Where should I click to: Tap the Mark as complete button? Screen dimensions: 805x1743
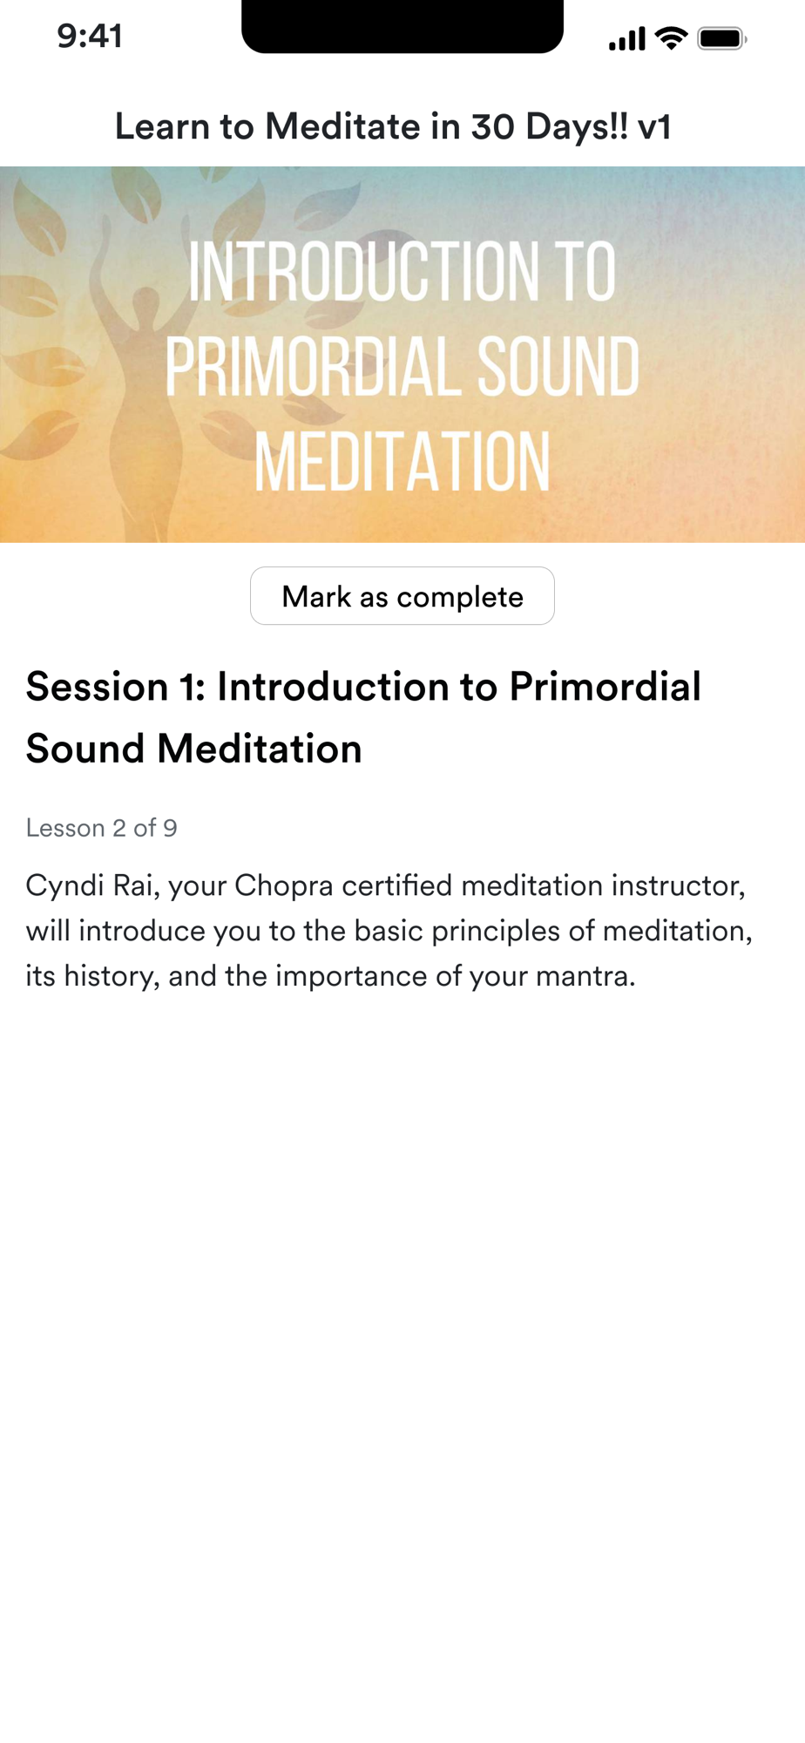(x=402, y=596)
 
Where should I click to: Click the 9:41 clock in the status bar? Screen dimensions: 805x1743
(x=90, y=37)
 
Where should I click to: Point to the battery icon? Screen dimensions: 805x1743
(x=722, y=38)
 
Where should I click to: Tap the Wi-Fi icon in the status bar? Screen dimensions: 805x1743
(x=672, y=38)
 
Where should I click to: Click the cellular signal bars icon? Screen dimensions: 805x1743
(x=627, y=39)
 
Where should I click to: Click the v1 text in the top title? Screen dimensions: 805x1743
(x=654, y=127)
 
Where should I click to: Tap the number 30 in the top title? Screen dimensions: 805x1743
(x=492, y=127)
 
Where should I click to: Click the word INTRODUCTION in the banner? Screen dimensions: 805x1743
(x=362, y=272)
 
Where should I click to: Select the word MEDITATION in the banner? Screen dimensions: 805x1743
(x=402, y=462)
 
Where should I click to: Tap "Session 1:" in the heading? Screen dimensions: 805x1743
(x=116, y=687)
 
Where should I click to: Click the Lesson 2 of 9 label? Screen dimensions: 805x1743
(x=102, y=828)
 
